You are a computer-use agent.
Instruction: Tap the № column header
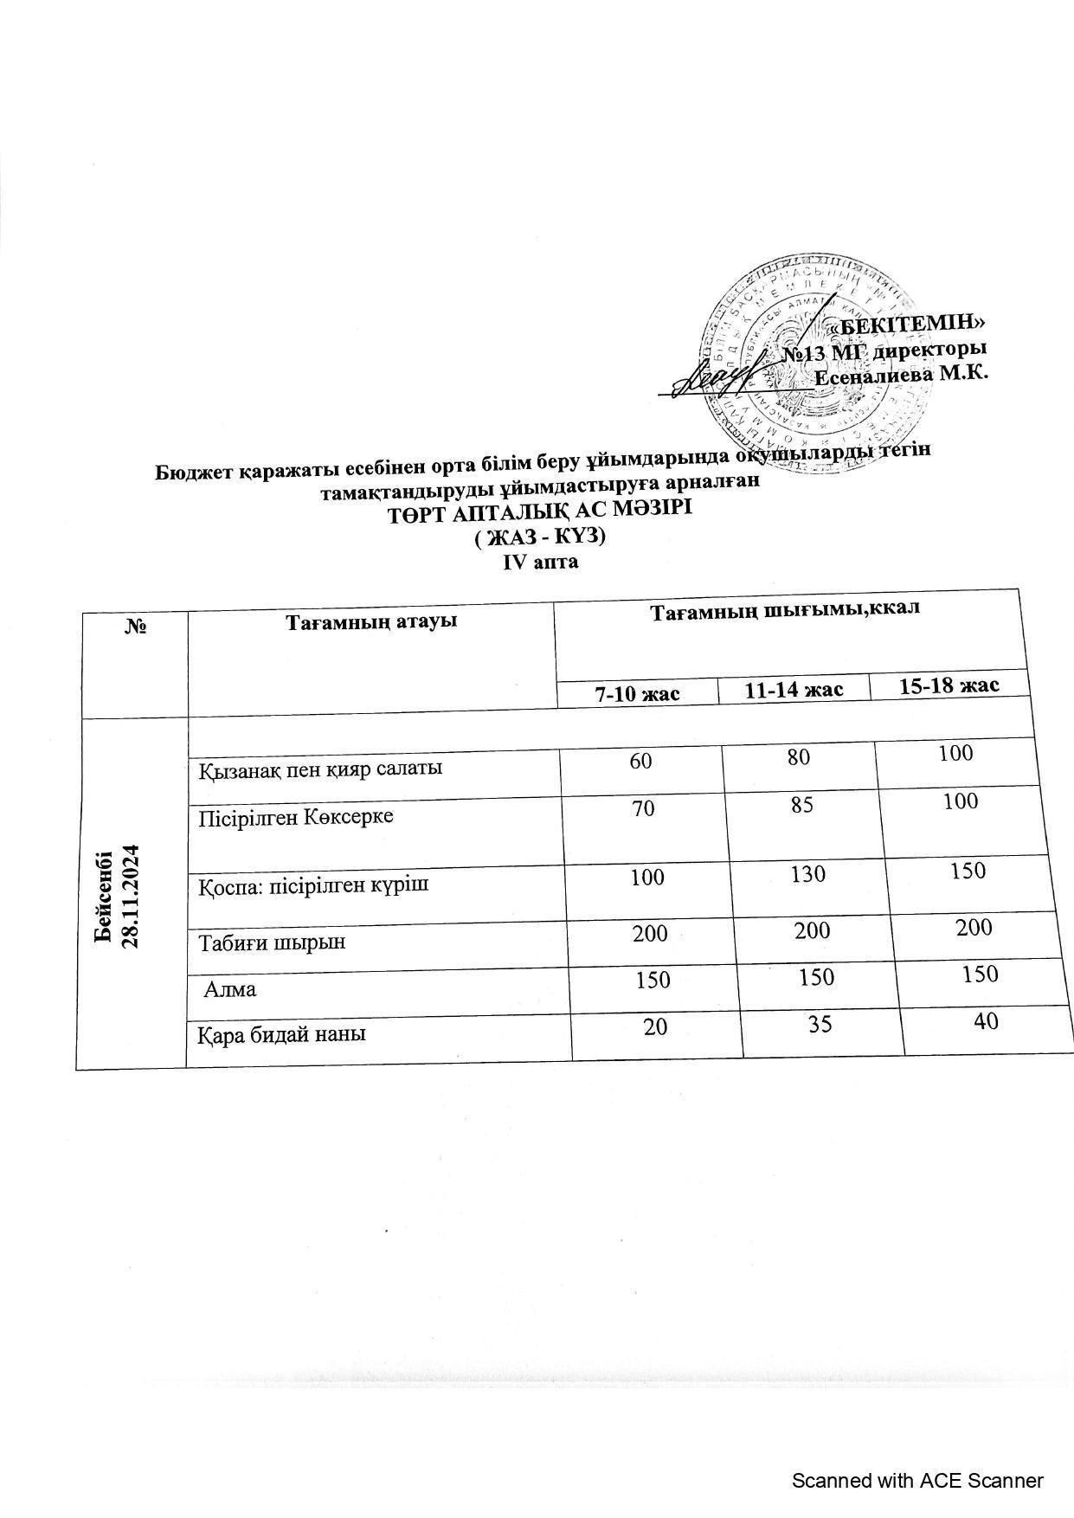(135, 626)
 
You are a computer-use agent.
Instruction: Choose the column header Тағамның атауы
(371, 621)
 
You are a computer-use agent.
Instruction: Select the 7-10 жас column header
(637, 693)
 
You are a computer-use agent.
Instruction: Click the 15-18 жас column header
(949, 686)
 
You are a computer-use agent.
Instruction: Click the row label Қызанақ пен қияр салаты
(321, 768)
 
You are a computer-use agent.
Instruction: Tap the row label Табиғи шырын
(273, 942)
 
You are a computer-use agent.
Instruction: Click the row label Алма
(230, 988)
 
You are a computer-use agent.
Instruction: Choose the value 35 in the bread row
(820, 1025)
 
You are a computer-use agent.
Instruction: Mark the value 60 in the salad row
(641, 761)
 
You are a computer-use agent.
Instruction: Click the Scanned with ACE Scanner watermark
(917, 1481)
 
